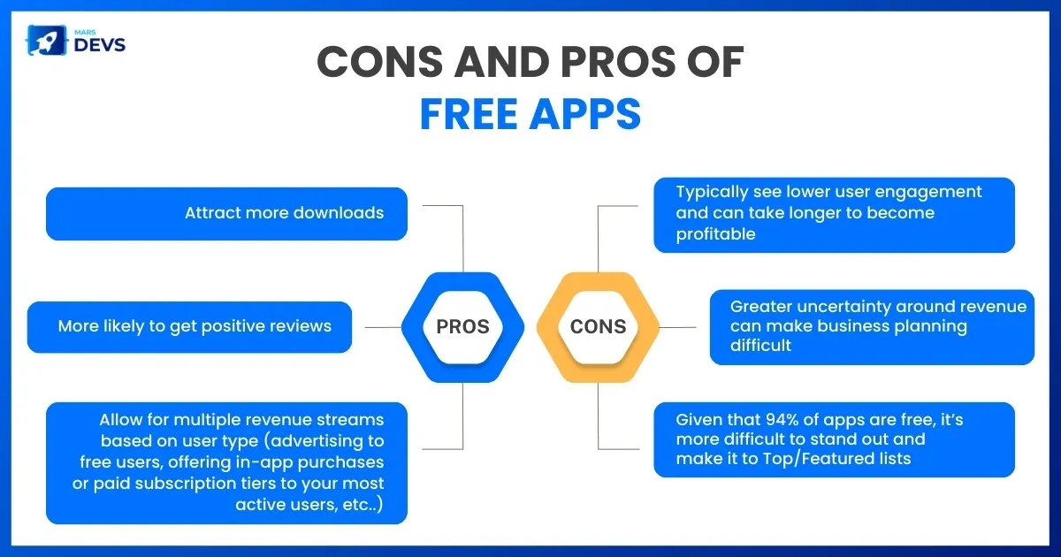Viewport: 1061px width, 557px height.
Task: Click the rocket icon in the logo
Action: [46, 41]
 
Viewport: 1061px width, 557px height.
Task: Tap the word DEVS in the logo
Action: [99, 45]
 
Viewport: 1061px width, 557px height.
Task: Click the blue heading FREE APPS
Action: [530, 114]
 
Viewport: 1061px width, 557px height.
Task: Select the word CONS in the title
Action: [379, 62]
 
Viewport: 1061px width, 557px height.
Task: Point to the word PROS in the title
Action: [618, 62]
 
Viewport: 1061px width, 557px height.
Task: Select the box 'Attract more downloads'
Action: [226, 214]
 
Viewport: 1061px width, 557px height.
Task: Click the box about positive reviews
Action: [189, 327]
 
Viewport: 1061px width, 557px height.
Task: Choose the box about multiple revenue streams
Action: [226, 462]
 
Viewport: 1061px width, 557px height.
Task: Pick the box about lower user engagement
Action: [834, 215]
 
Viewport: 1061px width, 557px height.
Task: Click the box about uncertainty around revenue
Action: [872, 327]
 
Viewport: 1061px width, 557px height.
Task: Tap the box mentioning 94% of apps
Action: [834, 439]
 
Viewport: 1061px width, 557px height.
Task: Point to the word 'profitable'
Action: [715, 234]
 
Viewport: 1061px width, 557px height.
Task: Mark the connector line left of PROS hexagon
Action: [383, 327]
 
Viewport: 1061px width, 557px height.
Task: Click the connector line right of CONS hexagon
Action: [677, 327]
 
